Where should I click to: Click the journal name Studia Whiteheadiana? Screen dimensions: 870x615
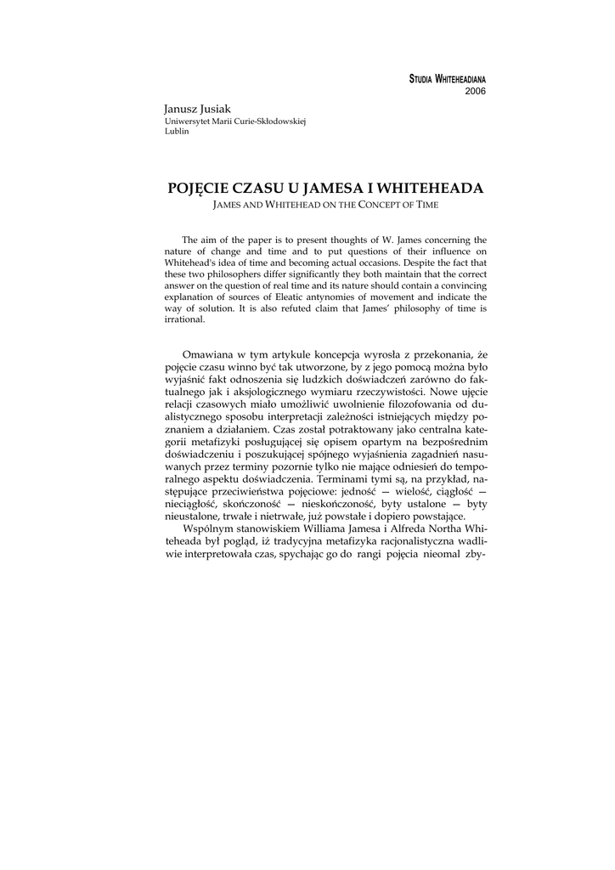(448, 79)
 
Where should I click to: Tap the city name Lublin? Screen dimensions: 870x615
(177, 133)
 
